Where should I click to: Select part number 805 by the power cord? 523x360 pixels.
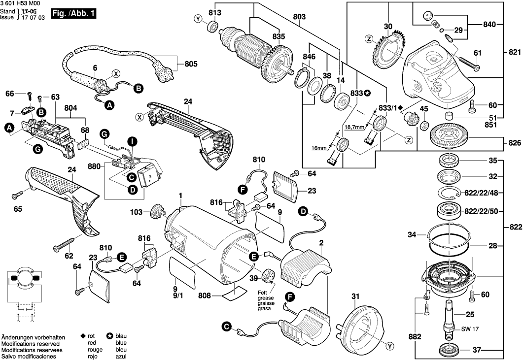pyautogui.click(x=191, y=64)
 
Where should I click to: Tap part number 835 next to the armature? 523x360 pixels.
pyautogui.click(x=279, y=36)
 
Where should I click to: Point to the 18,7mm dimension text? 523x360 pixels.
pyautogui.click(x=353, y=127)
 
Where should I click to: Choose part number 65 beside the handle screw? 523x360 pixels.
pyautogui.click(x=18, y=209)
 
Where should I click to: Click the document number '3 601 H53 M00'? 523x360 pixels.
pyautogui.click(x=20, y=3)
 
